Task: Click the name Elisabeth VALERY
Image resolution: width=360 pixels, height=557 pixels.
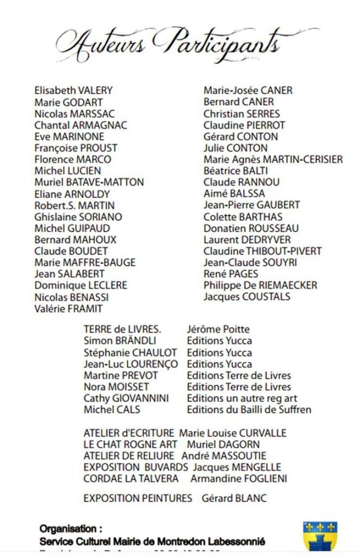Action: [x=73, y=90]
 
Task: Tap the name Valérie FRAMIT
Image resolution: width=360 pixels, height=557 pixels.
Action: [x=69, y=308]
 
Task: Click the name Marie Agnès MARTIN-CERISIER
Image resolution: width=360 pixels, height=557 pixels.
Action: [x=273, y=159]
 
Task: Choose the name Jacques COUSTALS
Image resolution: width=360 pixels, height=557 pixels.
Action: [x=247, y=297]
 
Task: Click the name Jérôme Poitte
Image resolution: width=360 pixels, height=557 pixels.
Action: [x=218, y=329]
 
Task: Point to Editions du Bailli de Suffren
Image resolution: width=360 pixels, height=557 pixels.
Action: [x=249, y=410]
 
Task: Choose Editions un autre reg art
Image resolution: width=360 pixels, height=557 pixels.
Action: [x=241, y=398]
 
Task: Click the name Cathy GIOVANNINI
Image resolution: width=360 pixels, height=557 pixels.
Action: [x=126, y=398]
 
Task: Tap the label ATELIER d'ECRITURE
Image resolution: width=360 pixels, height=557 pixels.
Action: [x=129, y=434]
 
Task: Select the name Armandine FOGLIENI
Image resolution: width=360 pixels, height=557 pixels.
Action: [x=239, y=479]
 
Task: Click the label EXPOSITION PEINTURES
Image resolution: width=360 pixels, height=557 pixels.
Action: [x=138, y=498]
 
